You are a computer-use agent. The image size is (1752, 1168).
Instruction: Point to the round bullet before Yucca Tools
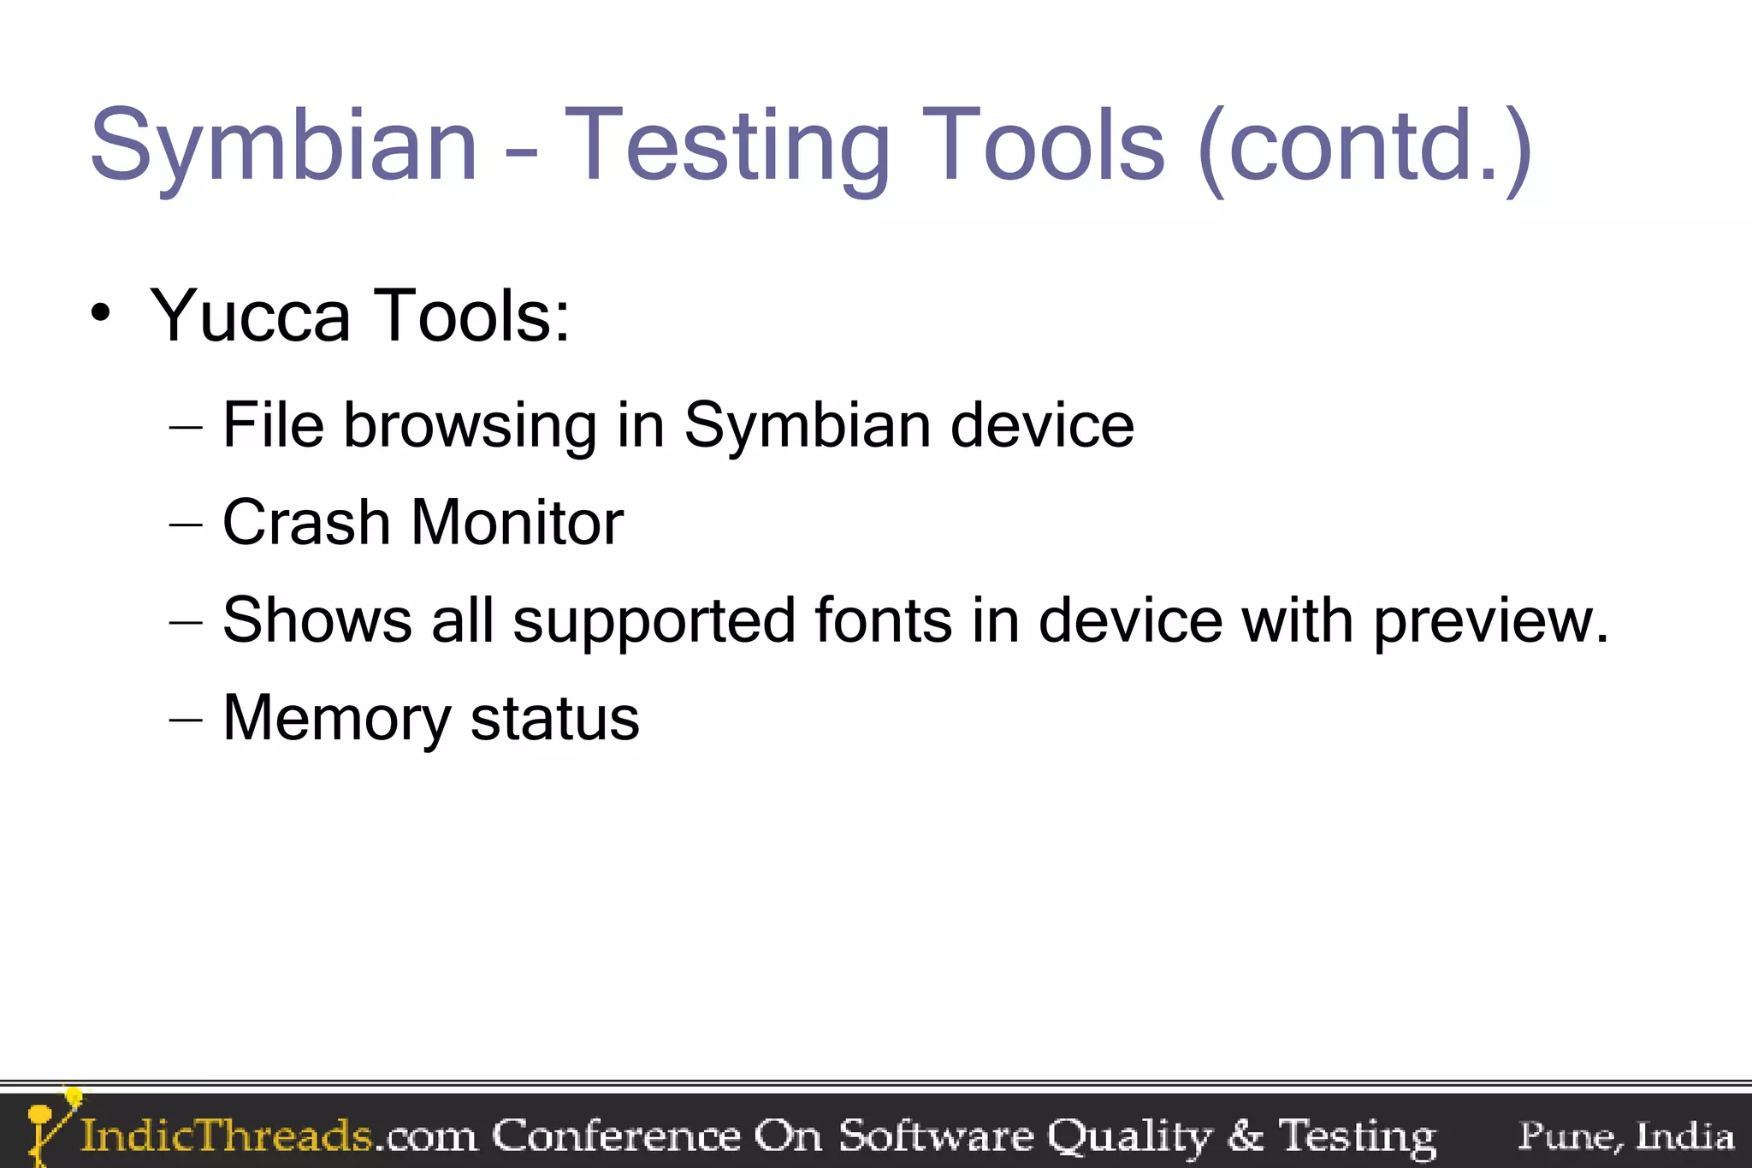[101, 314]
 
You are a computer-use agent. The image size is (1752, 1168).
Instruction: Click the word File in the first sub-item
[273, 425]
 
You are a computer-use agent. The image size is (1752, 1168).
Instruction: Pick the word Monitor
[517, 523]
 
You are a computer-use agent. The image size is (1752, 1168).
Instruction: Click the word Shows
[317, 620]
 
